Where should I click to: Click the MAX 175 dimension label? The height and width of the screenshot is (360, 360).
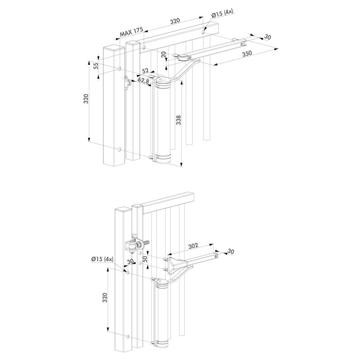131,32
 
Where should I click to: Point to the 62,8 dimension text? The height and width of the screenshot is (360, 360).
145,80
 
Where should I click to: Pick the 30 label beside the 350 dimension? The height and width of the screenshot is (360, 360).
267,37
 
